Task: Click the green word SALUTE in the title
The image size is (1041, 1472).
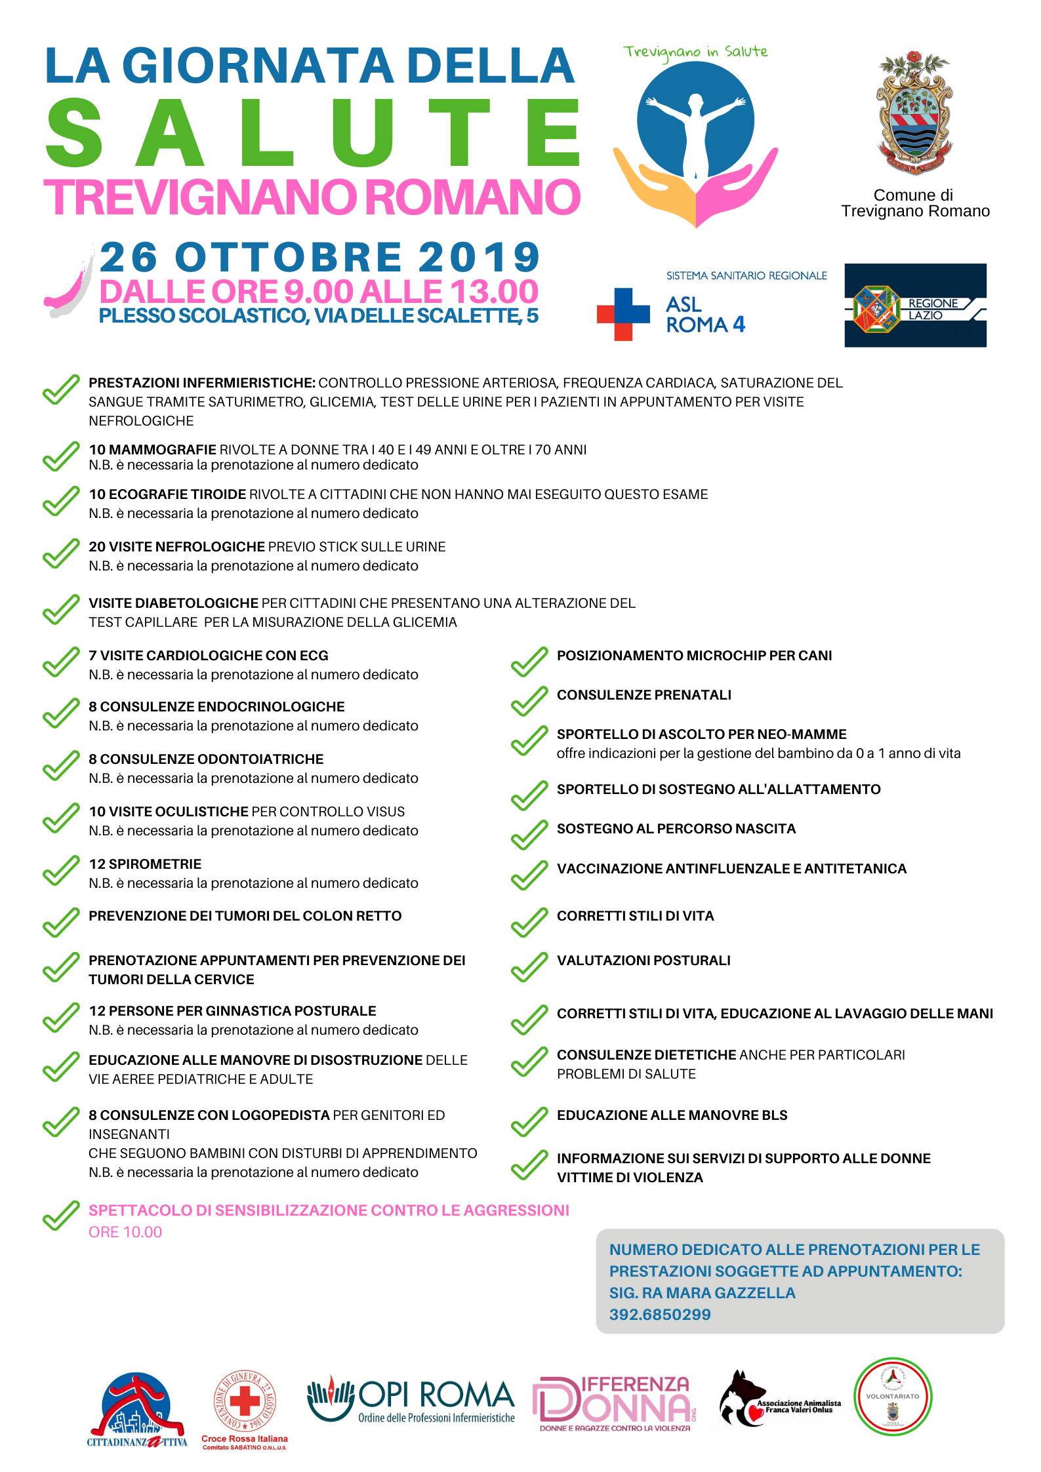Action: pos(312,134)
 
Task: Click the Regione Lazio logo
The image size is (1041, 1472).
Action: pos(915,306)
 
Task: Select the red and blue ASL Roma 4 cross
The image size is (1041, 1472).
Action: pos(623,314)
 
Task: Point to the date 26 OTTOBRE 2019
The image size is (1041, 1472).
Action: pos(319,257)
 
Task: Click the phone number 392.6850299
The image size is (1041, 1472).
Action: pos(660,1314)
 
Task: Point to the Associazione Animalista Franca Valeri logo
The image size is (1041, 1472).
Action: pos(779,1401)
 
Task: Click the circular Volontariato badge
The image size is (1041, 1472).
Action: pos(892,1397)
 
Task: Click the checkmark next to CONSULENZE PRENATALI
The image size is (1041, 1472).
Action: pos(529,701)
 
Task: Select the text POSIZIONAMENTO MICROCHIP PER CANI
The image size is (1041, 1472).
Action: pos(694,656)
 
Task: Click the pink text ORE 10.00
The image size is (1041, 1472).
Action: pos(125,1232)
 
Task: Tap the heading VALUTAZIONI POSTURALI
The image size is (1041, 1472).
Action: pos(643,961)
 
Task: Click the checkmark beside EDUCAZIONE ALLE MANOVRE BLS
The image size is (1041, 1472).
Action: pos(529,1121)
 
